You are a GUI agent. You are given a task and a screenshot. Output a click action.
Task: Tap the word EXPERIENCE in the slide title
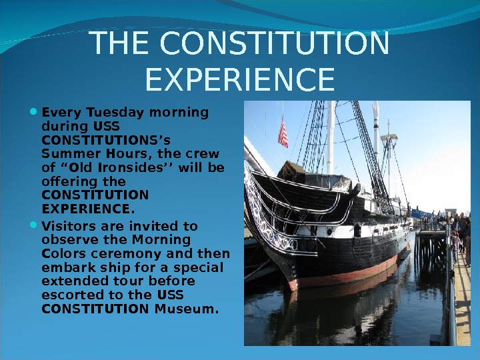(x=239, y=79)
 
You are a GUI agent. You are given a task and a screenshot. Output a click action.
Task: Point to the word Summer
(x=64, y=153)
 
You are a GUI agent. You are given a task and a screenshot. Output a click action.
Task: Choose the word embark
(x=64, y=267)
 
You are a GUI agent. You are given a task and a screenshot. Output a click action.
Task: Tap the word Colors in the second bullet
(x=60, y=253)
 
